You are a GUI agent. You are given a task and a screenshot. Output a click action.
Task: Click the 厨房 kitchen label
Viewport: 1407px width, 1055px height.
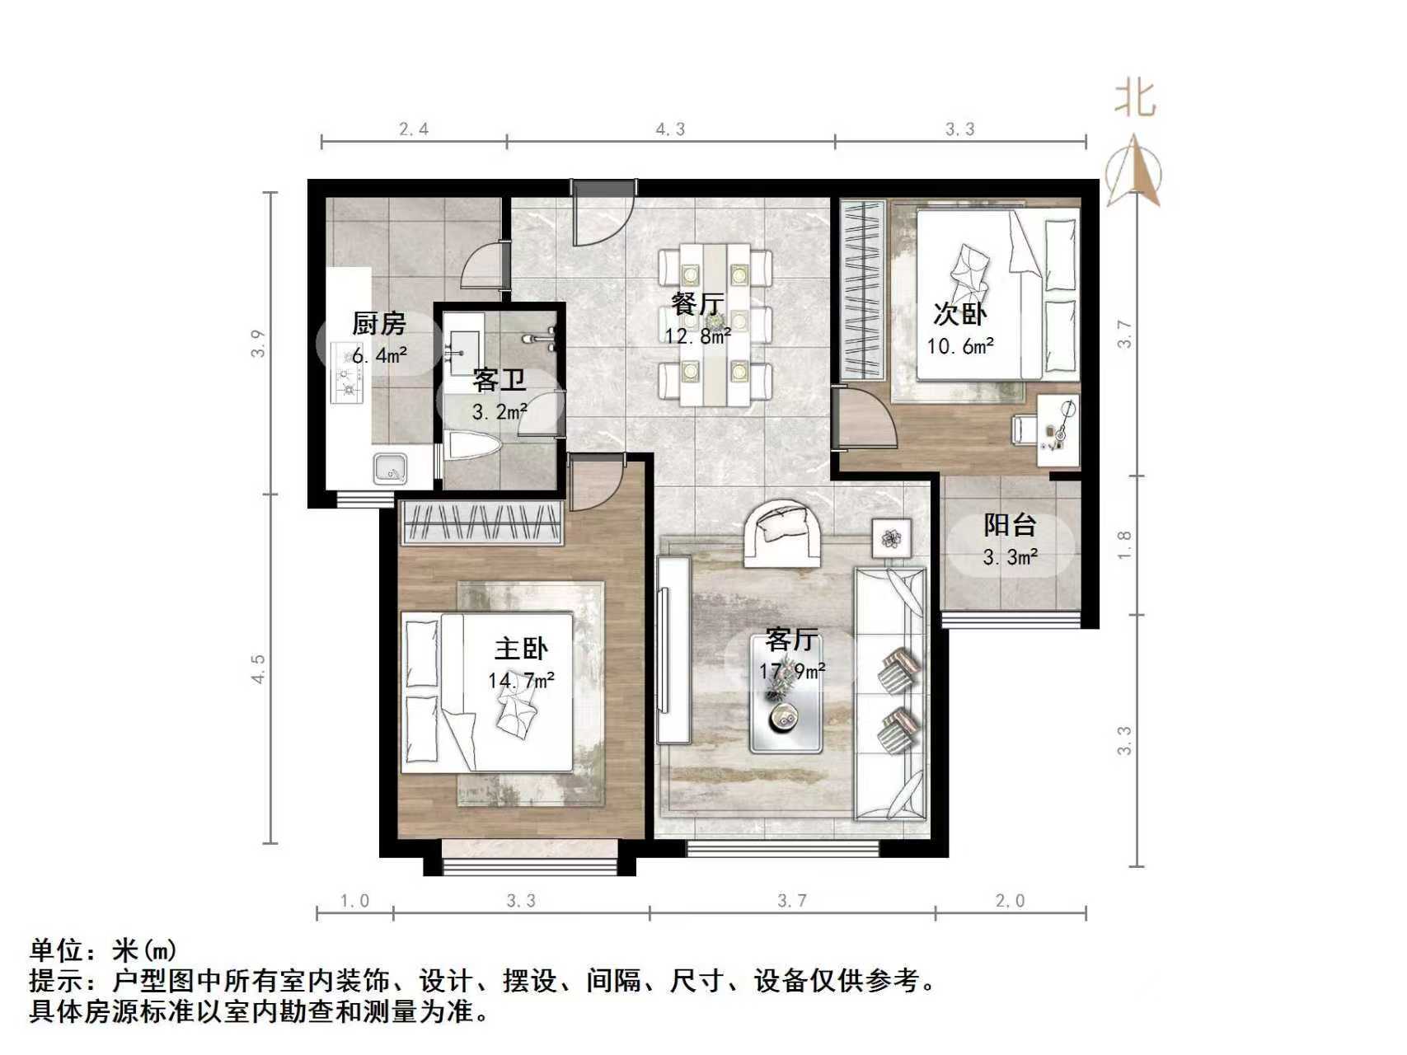point(379,324)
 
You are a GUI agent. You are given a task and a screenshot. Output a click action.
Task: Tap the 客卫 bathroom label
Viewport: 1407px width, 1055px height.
point(499,381)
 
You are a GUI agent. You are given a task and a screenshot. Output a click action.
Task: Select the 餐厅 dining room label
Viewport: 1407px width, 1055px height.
point(697,303)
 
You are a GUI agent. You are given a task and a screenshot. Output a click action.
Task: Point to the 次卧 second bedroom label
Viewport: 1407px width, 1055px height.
point(959,314)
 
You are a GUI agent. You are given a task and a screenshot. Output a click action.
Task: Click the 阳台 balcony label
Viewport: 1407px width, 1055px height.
point(1010,525)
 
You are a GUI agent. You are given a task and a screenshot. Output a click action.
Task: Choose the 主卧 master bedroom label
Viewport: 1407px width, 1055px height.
point(521,649)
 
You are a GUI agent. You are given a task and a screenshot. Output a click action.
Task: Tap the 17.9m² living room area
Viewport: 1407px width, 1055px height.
point(792,672)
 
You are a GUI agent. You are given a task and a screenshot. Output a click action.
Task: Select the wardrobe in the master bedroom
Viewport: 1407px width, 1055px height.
point(482,523)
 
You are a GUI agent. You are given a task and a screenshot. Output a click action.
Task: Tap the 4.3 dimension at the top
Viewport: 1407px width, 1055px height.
point(670,129)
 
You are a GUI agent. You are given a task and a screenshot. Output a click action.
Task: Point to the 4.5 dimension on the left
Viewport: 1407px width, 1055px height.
point(259,668)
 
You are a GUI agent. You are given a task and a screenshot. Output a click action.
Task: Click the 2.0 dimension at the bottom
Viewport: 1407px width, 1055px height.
point(1010,901)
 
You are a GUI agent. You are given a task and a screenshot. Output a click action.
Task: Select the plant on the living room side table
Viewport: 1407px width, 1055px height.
point(891,539)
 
